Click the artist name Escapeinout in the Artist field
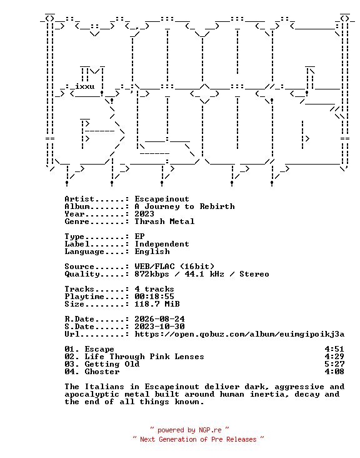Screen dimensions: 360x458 (162, 199)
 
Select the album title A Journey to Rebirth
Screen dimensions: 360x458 (184, 206)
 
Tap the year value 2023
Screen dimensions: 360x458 (144, 214)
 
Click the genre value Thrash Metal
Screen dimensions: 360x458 (164, 221)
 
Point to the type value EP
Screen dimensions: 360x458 (139, 237)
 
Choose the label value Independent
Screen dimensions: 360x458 (162, 244)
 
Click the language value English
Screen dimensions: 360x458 (152, 252)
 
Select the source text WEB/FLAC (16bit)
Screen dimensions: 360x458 (174, 267)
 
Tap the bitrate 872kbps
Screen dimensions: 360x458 (152, 274)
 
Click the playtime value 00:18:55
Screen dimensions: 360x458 (154, 297)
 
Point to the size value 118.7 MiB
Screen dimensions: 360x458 (157, 304)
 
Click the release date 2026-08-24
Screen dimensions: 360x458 (159, 319)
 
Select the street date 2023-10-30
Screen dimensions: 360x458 (159, 327)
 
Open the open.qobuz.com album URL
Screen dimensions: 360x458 (239, 334)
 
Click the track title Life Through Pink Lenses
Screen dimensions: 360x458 (144, 357)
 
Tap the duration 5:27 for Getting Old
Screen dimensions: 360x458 (334, 364)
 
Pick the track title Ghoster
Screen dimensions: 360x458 (102, 372)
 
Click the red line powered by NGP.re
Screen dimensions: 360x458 (189, 430)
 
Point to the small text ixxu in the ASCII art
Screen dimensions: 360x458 (85, 86)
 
